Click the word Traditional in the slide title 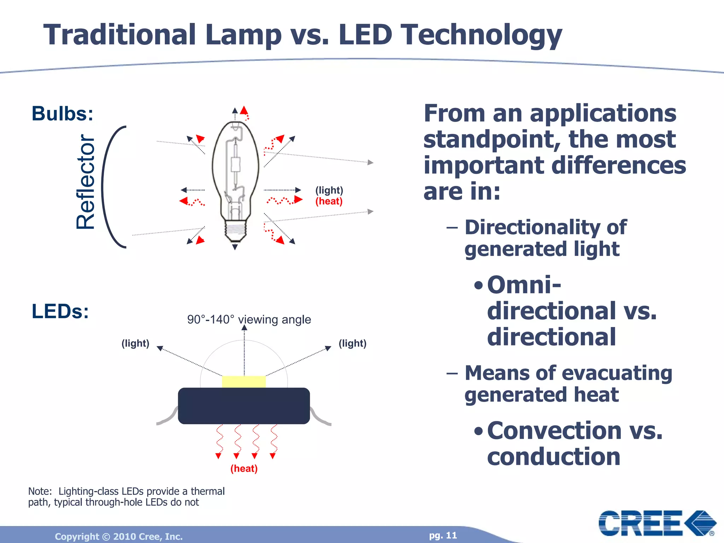point(119,35)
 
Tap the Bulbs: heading point(63,114)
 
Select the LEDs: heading point(60,311)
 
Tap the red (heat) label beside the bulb point(329,201)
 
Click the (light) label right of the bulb point(329,190)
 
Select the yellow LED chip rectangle point(244,382)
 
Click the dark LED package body point(244,406)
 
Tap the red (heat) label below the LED point(244,468)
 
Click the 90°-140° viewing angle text point(249,320)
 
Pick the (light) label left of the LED point(135,343)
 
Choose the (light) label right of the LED point(352,343)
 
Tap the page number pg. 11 point(443,535)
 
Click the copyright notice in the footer point(119,536)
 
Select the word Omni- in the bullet point(524,285)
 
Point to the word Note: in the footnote point(40,491)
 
